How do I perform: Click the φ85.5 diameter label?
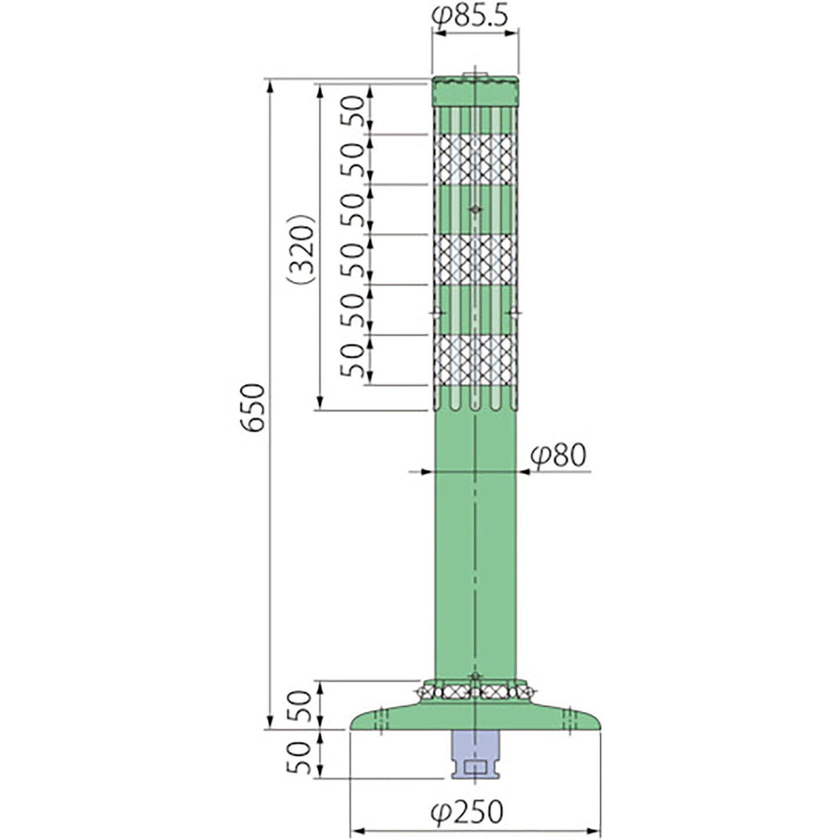pos(470,16)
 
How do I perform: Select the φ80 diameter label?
pos(559,456)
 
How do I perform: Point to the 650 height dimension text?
pos(253,408)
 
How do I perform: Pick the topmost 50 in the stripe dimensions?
pos(352,110)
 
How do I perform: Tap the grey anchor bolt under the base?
pos(475,754)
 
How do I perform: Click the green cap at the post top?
pos(475,91)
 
